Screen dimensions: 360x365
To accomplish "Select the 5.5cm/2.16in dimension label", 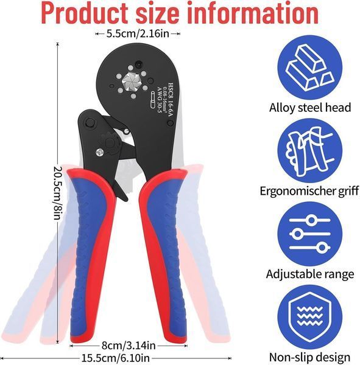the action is click(138, 33).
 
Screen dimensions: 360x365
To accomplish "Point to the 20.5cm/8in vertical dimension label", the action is click(58, 193).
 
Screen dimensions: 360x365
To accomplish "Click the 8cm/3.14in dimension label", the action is click(129, 345).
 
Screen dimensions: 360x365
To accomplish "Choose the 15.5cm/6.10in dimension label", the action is click(115, 358).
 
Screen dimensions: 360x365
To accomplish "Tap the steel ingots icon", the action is click(310, 68).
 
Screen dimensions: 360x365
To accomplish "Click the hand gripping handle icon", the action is click(310, 151).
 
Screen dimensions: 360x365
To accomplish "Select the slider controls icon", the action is click(310, 234).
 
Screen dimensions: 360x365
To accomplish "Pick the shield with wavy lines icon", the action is click(310, 317).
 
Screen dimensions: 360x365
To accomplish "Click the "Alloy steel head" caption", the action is click(310, 108).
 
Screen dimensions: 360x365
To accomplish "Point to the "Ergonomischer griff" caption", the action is click(309, 192).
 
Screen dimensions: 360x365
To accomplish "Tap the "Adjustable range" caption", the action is click(310, 274).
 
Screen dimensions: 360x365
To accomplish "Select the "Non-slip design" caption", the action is click(310, 357).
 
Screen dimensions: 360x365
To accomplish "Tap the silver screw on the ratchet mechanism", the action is click(99, 152).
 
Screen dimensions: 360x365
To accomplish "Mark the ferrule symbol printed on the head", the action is click(153, 99).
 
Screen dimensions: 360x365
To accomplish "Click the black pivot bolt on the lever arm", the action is click(90, 123).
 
